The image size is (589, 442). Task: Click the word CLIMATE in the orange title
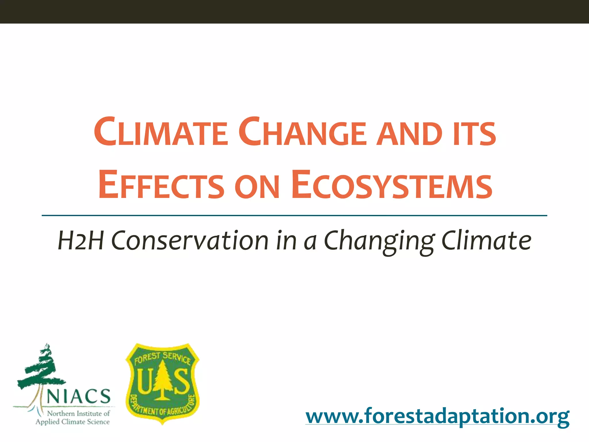pyautogui.click(x=161, y=132)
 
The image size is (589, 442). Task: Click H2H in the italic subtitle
pyautogui.click(x=81, y=241)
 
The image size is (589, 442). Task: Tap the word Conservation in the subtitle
pyautogui.click(x=190, y=241)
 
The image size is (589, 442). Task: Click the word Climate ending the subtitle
pyautogui.click(x=486, y=241)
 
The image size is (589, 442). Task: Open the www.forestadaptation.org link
pyautogui.click(x=437, y=416)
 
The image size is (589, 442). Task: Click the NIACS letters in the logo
pyautogui.click(x=78, y=397)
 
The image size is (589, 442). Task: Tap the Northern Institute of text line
pyautogui.click(x=78, y=414)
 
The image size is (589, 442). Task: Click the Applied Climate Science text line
pyautogui.click(x=72, y=422)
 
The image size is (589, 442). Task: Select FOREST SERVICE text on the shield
pyautogui.click(x=162, y=358)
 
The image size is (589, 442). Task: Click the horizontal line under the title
pyautogui.click(x=294, y=215)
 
